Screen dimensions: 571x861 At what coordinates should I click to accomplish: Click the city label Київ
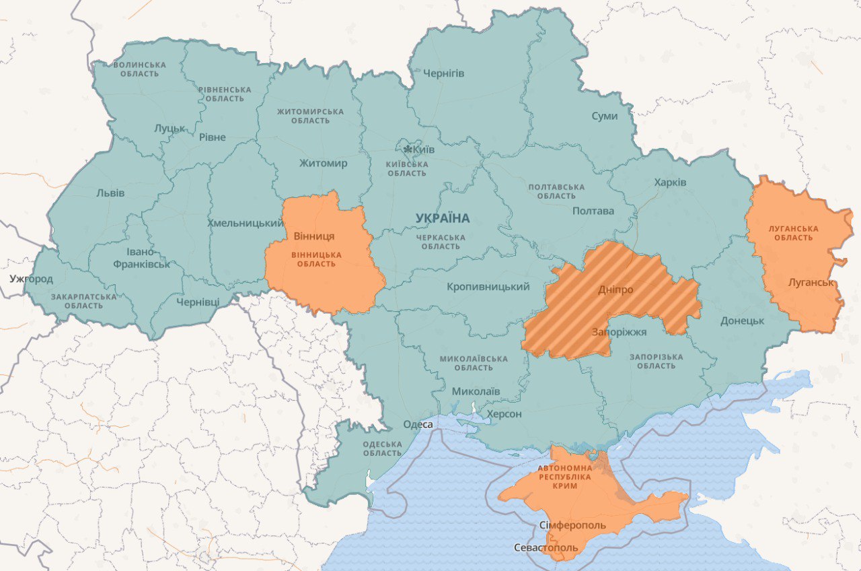pyautogui.click(x=424, y=149)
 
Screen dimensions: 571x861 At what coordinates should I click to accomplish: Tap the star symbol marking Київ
pyautogui.click(x=408, y=148)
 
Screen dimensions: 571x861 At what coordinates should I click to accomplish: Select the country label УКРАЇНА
pyautogui.click(x=443, y=218)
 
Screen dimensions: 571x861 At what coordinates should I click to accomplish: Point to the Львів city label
pyautogui.click(x=110, y=193)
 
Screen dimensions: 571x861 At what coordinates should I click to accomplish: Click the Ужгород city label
pyautogui.click(x=31, y=278)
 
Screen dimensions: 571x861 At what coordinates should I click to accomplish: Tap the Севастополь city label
pyautogui.click(x=546, y=547)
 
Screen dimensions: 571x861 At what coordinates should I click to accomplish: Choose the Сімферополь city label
pyautogui.click(x=572, y=525)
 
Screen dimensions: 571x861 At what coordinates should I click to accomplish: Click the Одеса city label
pyautogui.click(x=418, y=424)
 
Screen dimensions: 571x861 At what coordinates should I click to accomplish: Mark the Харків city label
pyautogui.click(x=670, y=182)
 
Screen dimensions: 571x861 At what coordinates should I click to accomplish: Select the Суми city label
pyautogui.click(x=604, y=116)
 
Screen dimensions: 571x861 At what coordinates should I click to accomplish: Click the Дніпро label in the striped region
pyautogui.click(x=615, y=290)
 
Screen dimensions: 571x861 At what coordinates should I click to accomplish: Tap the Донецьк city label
pyautogui.click(x=742, y=321)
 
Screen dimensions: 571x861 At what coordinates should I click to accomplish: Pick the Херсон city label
pyautogui.click(x=504, y=413)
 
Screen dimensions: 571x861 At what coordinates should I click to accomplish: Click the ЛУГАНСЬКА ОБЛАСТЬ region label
pyautogui.click(x=794, y=233)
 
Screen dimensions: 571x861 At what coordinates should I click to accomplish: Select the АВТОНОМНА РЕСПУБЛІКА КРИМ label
pyautogui.click(x=564, y=476)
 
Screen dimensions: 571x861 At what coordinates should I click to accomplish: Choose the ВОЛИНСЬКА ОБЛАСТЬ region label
pyautogui.click(x=139, y=69)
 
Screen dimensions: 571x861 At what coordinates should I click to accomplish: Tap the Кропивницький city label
pyautogui.click(x=488, y=287)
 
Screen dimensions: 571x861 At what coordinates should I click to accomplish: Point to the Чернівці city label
pyautogui.click(x=198, y=302)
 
